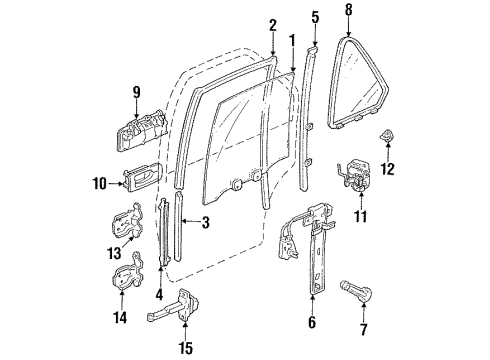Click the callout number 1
[292, 40]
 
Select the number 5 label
[315, 16]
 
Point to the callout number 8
[349, 12]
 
